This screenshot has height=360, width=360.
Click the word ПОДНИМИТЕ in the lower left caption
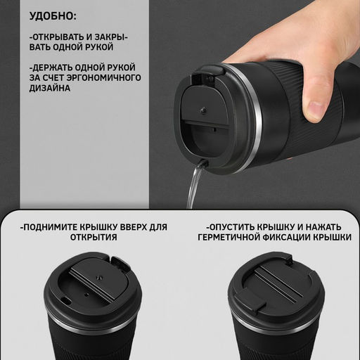[x=54, y=227]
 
